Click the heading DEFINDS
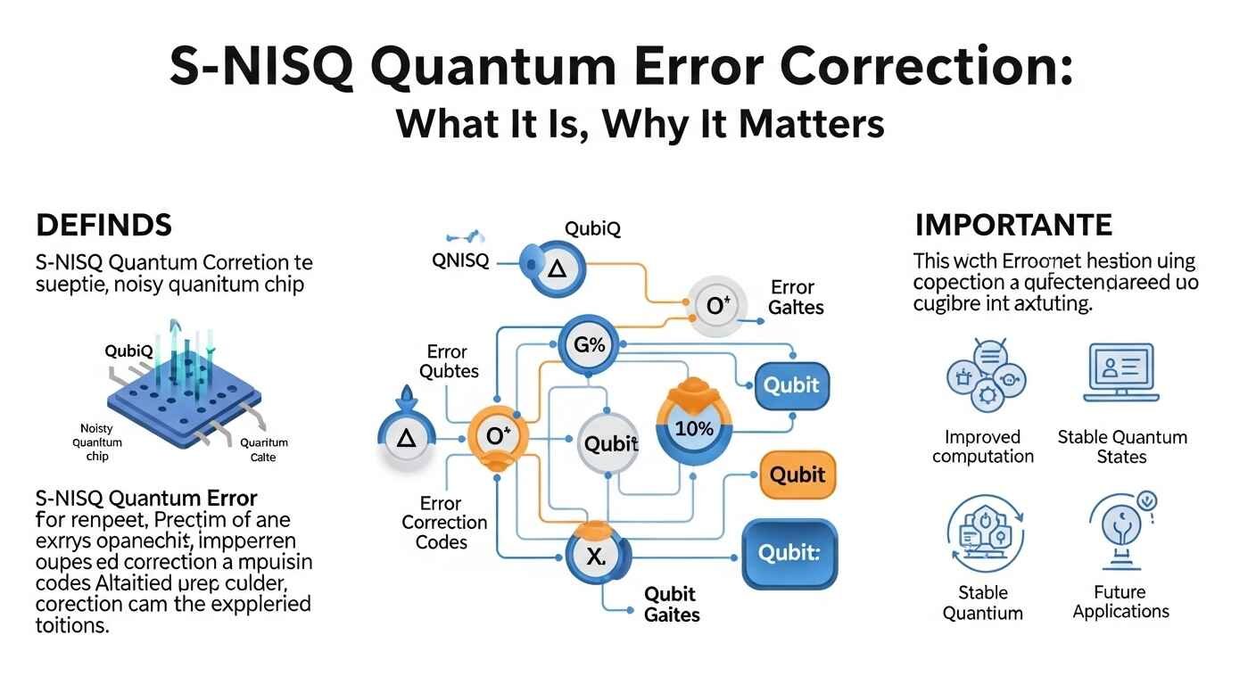click(104, 225)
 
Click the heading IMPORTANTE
click(1013, 224)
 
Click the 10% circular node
click(694, 428)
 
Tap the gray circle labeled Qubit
click(610, 443)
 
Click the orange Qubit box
click(797, 474)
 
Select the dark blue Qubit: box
click(789, 553)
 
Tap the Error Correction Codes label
click(444, 523)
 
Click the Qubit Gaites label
click(672, 605)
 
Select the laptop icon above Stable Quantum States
click(1121, 372)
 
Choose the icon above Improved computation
click(982, 375)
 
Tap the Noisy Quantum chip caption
click(97, 442)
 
